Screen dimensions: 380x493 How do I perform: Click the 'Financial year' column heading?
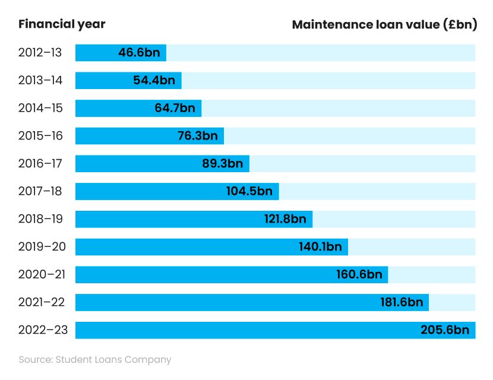click(x=62, y=24)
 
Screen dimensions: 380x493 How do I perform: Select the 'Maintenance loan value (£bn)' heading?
click(x=384, y=25)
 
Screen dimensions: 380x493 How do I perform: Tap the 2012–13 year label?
click(x=40, y=52)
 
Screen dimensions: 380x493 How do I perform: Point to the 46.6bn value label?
click(x=139, y=52)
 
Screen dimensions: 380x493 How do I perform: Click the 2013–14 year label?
click(x=40, y=80)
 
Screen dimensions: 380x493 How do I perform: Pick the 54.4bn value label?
click(x=154, y=80)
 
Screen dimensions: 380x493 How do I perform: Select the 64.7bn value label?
click(x=175, y=108)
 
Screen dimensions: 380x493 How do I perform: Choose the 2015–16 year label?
click(x=40, y=136)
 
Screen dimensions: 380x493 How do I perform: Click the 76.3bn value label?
click(x=197, y=136)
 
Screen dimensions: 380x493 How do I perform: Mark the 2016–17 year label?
click(x=40, y=163)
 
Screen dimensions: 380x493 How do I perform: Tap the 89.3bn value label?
click(x=223, y=163)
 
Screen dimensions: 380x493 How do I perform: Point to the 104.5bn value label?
click(x=249, y=191)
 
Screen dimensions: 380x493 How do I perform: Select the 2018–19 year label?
click(x=40, y=219)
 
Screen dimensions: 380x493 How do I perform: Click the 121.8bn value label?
click(x=285, y=219)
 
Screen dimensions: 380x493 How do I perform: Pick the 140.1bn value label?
click(x=320, y=247)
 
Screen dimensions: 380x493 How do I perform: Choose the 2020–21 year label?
click(x=40, y=274)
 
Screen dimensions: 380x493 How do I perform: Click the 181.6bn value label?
click(x=402, y=302)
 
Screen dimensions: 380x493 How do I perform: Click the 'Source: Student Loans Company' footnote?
click(x=95, y=360)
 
